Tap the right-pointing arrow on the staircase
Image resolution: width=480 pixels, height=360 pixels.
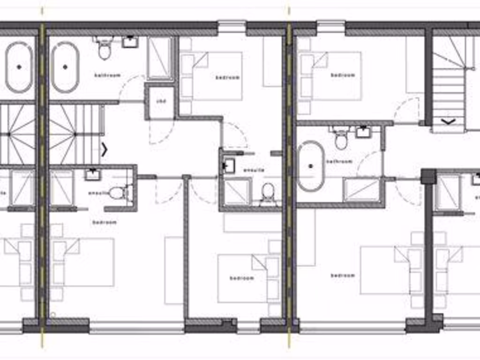pos(104,150)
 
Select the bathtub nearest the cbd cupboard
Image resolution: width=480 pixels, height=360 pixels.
pos(65,67)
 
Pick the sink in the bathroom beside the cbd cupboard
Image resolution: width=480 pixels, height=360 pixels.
pos(129,42)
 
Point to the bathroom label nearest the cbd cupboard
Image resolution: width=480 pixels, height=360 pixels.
pos(107,75)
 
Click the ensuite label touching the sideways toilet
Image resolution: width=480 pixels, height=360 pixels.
pos(98,193)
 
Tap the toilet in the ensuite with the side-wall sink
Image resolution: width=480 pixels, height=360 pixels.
pos(268,193)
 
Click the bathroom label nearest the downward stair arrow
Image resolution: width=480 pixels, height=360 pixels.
pos(339,162)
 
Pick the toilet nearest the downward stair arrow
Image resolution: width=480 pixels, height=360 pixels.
pos(341,140)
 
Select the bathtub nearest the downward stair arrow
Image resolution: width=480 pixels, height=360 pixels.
pos(310,166)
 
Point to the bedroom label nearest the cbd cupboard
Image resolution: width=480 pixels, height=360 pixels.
pos(227,77)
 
